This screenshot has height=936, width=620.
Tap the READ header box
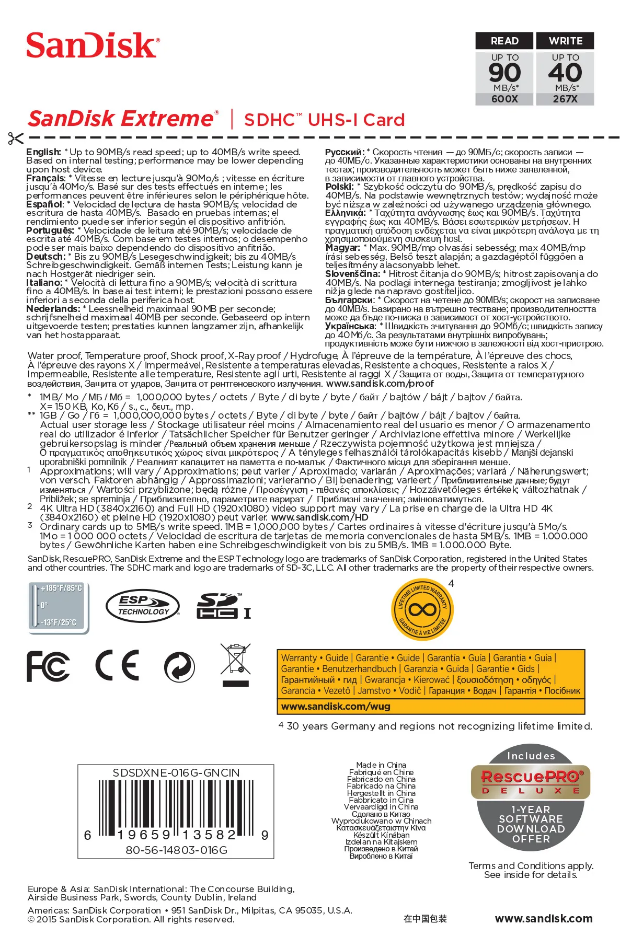[504, 41]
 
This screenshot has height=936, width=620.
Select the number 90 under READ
[504, 73]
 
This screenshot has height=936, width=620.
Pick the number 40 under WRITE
[565, 73]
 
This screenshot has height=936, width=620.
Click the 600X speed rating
[504, 99]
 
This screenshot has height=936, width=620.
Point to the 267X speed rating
[565, 99]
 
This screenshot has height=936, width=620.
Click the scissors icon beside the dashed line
[16, 138]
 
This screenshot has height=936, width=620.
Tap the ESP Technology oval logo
[143, 606]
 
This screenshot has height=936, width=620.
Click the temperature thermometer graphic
[58, 607]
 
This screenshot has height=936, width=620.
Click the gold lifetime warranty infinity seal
[422, 609]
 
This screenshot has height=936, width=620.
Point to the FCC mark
[48, 666]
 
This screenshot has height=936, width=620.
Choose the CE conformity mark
[117, 666]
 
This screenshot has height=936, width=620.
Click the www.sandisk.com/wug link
[336, 706]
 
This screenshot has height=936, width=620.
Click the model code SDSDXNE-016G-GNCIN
[176, 772]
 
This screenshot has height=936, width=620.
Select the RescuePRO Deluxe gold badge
[531, 782]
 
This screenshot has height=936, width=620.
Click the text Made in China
[381, 765]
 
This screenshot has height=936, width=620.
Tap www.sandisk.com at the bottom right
[544, 918]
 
